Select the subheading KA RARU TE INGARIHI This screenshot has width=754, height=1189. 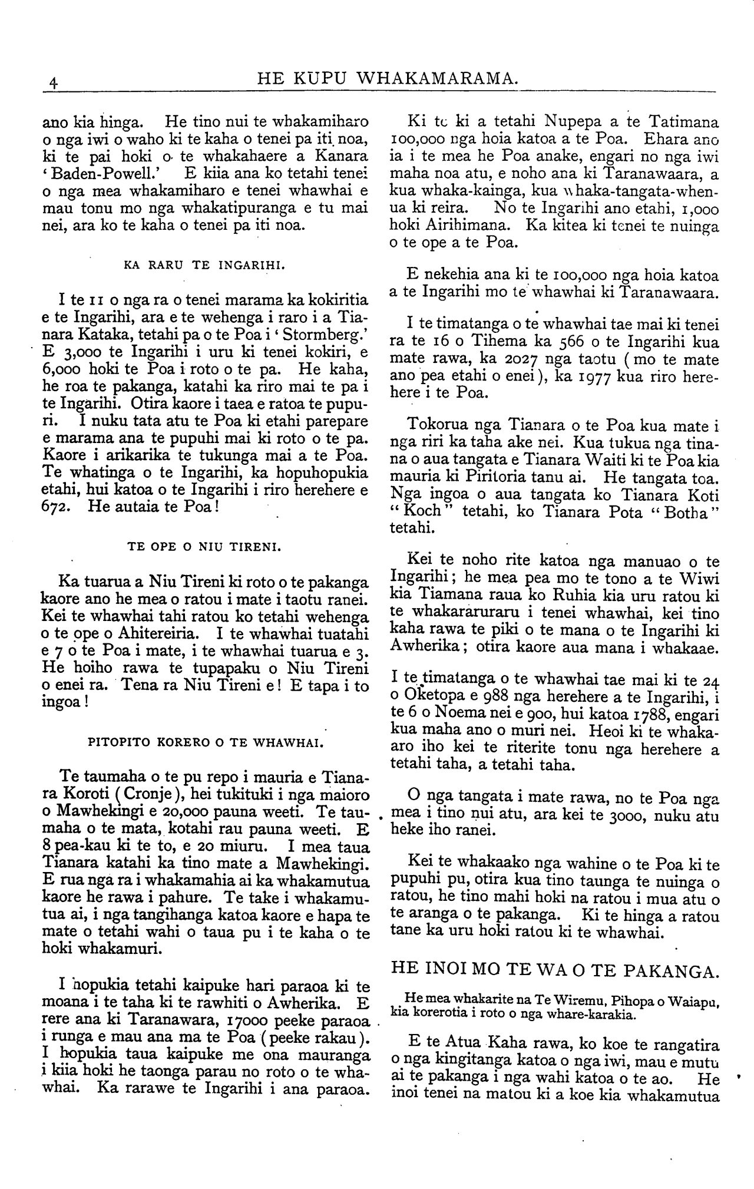205,265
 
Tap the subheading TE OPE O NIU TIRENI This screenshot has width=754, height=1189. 205,547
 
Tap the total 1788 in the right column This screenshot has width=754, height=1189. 646,717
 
